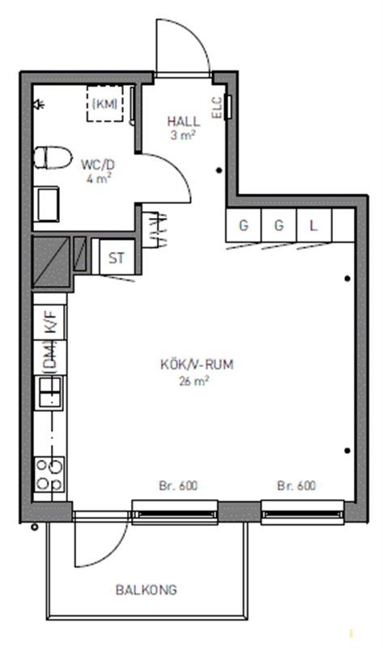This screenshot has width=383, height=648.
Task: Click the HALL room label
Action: tap(184, 122)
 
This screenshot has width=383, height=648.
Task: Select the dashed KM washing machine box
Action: tap(105, 104)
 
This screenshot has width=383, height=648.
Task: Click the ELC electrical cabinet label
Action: tap(217, 108)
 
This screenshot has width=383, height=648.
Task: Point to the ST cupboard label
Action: tap(116, 258)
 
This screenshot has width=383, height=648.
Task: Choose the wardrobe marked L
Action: tap(314, 226)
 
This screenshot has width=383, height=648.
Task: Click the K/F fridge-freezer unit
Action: tap(49, 322)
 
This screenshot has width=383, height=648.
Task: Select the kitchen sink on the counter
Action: tap(50, 392)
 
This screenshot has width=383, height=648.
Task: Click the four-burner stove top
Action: tap(49, 474)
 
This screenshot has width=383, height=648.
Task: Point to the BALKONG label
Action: tap(147, 590)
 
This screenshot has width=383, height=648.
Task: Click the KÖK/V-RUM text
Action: tap(197, 364)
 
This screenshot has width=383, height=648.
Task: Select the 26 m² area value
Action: tap(194, 381)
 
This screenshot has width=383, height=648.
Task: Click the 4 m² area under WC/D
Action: tap(98, 179)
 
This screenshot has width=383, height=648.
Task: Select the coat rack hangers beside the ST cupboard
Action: tap(155, 230)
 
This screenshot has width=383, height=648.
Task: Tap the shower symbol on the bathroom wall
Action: tap(40, 104)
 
